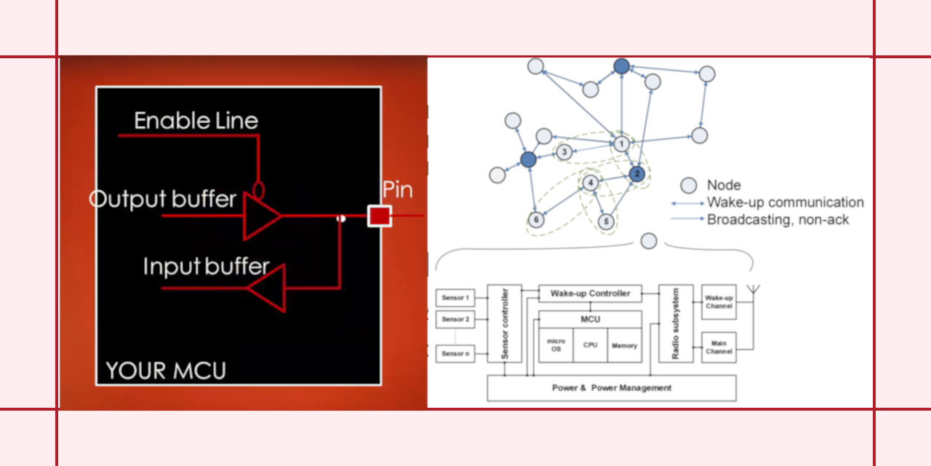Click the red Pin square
(379, 216)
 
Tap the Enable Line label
(196, 120)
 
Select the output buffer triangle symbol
(261, 216)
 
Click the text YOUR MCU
(166, 371)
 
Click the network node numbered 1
(620, 144)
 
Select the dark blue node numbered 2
(636, 173)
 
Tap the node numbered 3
(564, 152)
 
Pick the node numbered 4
(591, 182)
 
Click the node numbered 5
(605, 221)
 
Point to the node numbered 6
(536, 219)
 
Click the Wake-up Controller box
(590, 293)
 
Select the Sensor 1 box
(455, 298)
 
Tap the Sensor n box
(455, 354)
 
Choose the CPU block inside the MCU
(590, 345)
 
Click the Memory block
(624, 345)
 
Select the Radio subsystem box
(675, 323)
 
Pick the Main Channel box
(719, 347)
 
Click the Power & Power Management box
(611, 388)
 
